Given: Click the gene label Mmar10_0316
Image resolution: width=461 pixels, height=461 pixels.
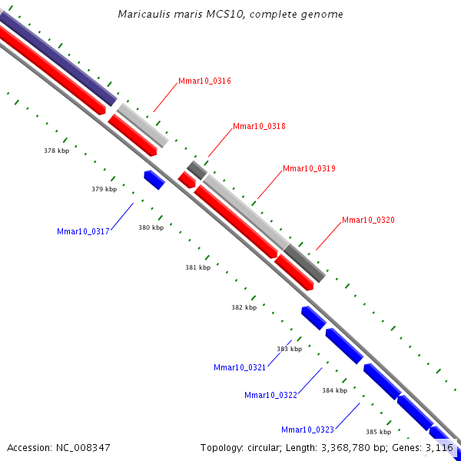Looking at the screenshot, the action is pyautogui.click(x=204, y=81).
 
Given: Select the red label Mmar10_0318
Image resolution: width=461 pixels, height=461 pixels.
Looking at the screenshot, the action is pyautogui.click(x=259, y=126).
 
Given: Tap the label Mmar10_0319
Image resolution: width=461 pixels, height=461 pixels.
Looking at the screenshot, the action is pyautogui.click(x=309, y=168).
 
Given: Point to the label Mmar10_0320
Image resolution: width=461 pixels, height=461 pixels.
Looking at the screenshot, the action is pyautogui.click(x=368, y=220).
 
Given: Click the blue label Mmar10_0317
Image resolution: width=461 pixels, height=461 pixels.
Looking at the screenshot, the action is pyautogui.click(x=83, y=232).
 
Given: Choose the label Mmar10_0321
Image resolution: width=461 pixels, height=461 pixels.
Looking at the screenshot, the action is pyautogui.click(x=240, y=367).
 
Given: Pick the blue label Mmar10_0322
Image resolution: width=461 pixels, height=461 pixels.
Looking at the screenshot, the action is pyautogui.click(x=270, y=395).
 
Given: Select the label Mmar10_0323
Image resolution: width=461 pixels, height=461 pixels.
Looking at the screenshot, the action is pyautogui.click(x=307, y=429).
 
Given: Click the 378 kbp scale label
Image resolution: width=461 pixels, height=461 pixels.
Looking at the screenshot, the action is pyautogui.click(x=56, y=151).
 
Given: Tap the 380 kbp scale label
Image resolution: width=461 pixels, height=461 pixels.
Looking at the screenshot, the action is pyautogui.click(x=151, y=227).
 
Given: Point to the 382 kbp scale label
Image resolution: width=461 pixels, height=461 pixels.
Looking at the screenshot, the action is pyautogui.click(x=244, y=307).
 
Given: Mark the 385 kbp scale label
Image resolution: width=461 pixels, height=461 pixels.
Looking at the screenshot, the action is pyautogui.click(x=378, y=432).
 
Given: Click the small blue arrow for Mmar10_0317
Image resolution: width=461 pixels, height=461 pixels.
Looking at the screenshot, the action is pyautogui.click(x=154, y=179).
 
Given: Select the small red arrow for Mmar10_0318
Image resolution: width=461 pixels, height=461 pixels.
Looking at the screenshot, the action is pyautogui.click(x=187, y=180).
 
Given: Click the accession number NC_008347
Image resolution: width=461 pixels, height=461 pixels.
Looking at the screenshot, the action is pyautogui.click(x=83, y=448).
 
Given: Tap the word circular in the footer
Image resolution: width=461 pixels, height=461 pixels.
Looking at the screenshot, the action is pyautogui.click(x=264, y=448).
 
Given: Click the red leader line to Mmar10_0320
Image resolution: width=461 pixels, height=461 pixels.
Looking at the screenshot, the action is pyautogui.click(x=329, y=236).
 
